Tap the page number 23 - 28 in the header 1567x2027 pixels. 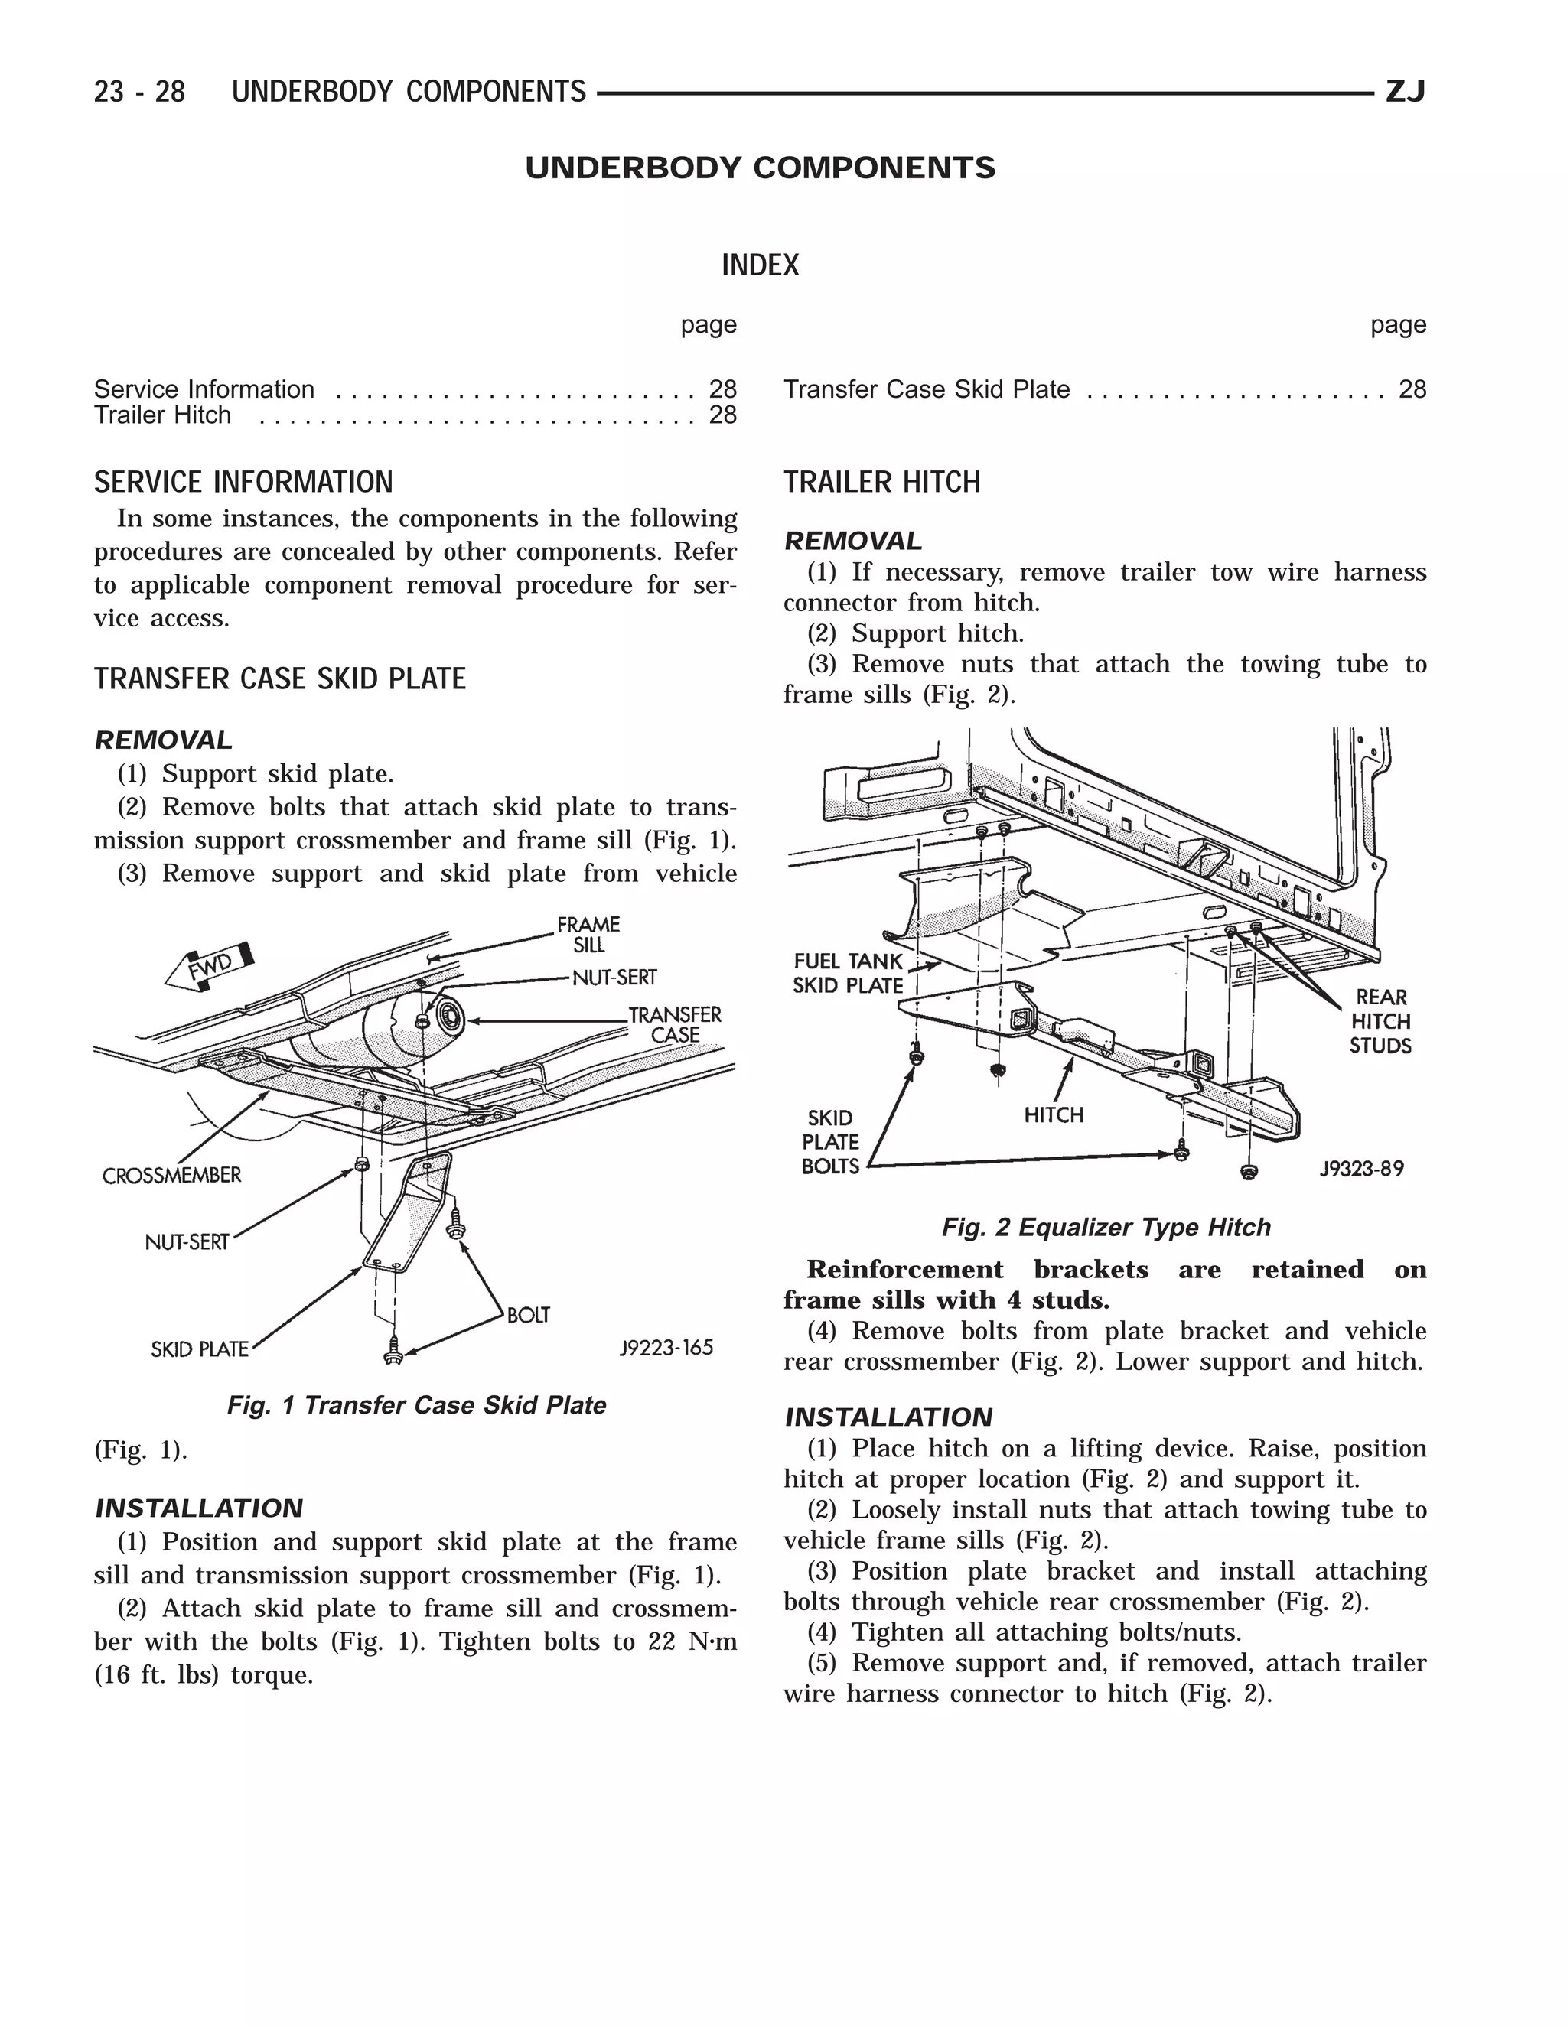coord(139,92)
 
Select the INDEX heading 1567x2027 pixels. coord(759,265)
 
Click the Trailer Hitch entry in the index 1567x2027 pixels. coord(162,415)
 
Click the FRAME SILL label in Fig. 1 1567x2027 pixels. coord(588,935)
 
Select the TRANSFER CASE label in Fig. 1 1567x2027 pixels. coord(675,1025)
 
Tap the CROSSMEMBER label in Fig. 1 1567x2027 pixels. coord(171,1176)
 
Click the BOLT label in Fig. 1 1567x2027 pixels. coord(528,1315)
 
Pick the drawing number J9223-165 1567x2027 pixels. coord(666,1348)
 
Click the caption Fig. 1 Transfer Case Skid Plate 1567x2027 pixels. coord(416,1405)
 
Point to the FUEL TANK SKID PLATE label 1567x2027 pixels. coord(848,974)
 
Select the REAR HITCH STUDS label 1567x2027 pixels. coord(1380,1021)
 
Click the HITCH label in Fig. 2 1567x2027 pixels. coord(1054,1114)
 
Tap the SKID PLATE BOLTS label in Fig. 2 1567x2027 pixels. coord(830,1141)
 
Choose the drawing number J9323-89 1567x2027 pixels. coord(1362,1169)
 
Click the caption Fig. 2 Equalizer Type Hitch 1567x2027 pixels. coord(1106,1228)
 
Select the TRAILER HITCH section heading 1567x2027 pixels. coord(882,483)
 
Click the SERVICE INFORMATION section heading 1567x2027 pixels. coord(243,483)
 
